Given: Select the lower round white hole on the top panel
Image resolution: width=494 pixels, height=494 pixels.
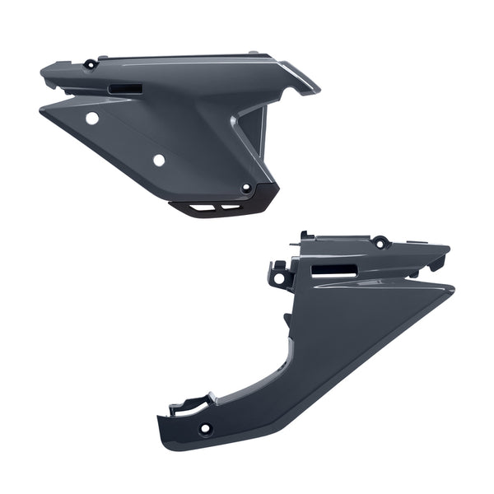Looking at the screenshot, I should click(159, 159).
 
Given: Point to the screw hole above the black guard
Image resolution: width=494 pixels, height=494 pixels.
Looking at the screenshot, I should click(245, 189).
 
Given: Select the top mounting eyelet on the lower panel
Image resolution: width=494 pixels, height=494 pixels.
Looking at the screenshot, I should click(380, 243).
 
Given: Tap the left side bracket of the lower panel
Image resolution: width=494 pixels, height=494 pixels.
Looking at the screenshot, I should click(279, 275).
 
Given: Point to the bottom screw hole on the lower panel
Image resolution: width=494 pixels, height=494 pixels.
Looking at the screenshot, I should click(203, 428).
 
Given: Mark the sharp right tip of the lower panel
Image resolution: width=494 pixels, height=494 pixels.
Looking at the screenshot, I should click(452, 287).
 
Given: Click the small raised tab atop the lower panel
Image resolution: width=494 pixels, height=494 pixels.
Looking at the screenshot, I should click(305, 236).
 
